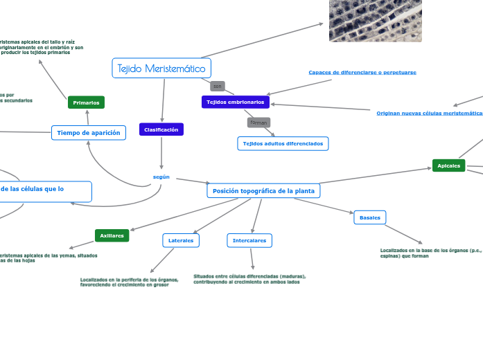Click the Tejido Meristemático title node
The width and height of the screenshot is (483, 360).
pyautogui.click(x=161, y=69)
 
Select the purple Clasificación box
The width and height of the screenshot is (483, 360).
pyautogui.click(x=161, y=129)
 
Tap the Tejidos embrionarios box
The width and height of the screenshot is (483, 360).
pyautogui.click(x=236, y=102)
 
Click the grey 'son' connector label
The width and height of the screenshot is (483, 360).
pyautogui.click(x=217, y=87)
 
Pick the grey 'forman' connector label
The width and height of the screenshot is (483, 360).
pyautogui.click(x=259, y=123)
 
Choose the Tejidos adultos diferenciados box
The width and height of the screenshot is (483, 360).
pyautogui.click(x=283, y=143)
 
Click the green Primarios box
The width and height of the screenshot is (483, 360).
pyautogui.click(x=86, y=102)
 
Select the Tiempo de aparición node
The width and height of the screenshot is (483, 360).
pyautogui.click(x=88, y=132)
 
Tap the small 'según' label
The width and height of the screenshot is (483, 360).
pyautogui.click(x=161, y=177)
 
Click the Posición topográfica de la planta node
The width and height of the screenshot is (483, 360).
pyautogui.click(x=263, y=190)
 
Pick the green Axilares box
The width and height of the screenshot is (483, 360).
pyautogui.click(x=112, y=235)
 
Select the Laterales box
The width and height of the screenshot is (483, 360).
pyautogui.click(x=181, y=240)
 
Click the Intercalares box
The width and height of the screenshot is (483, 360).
pyautogui.click(x=249, y=240)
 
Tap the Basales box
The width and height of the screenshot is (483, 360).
pyautogui.click(x=370, y=217)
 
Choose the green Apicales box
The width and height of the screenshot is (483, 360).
pyautogui.click(x=448, y=165)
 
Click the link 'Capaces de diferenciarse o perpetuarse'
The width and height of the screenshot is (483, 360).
pyautogui.click(x=362, y=72)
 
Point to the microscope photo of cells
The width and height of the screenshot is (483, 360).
pyautogui.click(x=375, y=21)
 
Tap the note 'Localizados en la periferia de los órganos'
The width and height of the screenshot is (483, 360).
pyautogui.click(x=130, y=282)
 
